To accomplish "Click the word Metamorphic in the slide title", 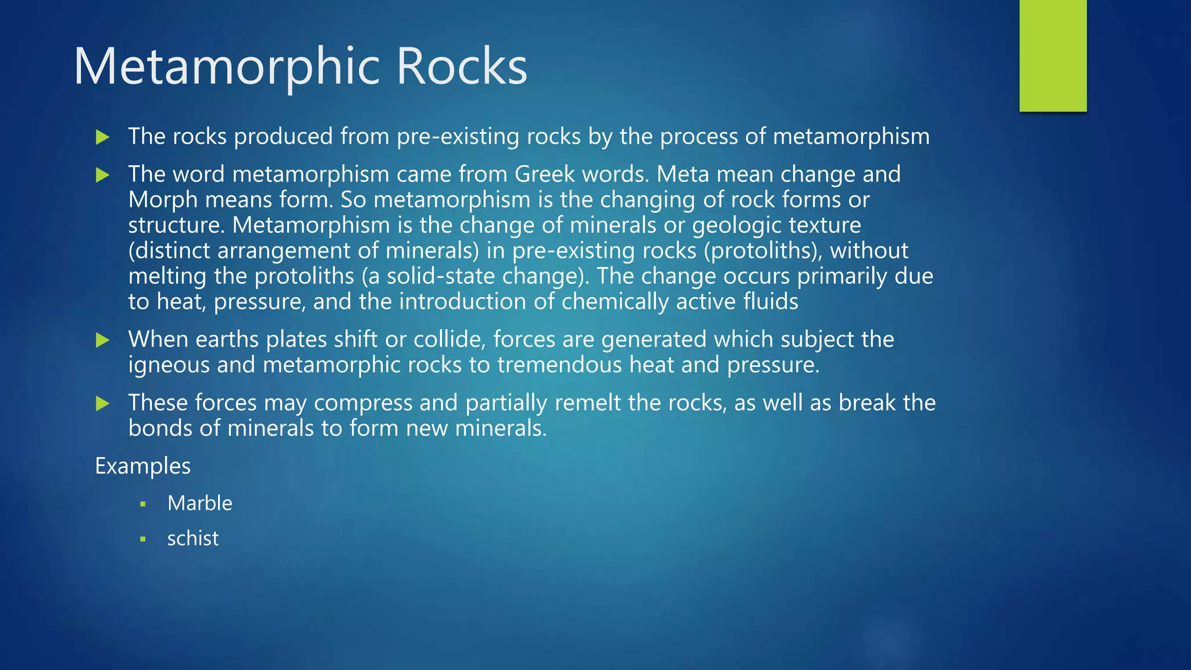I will pyautogui.click(x=227, y=67).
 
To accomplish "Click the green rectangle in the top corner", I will pyautogui.click(x=1053, y=55).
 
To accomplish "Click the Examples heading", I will pyautogui.click(x=142, y=466).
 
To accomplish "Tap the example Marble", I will pyautogui.click(x=199, y=503).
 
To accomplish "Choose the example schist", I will pyautogui.click(x=192, y=539).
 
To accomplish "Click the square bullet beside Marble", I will pyautogui.click(x=143, y=504).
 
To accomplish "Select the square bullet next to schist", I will pyautogui.click(x=143, y=539).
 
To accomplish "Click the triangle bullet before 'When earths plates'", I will pyautogui.click(x=103, y=340).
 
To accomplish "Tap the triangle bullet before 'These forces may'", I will pyautogui.click(x=103, y=404).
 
